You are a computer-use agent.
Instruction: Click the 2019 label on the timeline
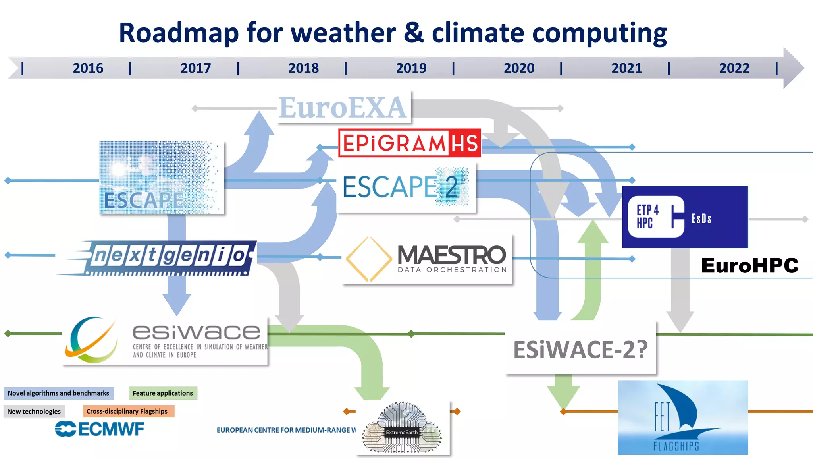pos(411,68)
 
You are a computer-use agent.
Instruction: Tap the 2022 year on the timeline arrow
pos(734,68)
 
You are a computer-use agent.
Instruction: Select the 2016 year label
pos(88,68)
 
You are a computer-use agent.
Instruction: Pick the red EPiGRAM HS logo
pos(409,143)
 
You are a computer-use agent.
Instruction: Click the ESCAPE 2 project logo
pos(405,187)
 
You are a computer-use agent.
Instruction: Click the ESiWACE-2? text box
pos(580,349)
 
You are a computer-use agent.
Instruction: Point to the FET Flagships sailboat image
pos(683,417)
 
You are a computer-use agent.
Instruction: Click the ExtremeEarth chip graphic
pos(402,429)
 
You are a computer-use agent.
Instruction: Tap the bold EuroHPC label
pos(749,265)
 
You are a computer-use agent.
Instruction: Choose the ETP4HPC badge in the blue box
pos(655,216)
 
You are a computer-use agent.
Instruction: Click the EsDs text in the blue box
pos(701,218)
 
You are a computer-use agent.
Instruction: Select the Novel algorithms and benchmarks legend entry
pos(58,393)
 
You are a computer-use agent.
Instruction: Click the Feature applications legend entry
pos(163,393)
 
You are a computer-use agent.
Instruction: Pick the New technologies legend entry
pos(34,411)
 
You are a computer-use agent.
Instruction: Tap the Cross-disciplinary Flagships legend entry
pos(127,411)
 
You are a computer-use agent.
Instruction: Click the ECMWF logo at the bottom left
pos(100,429)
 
